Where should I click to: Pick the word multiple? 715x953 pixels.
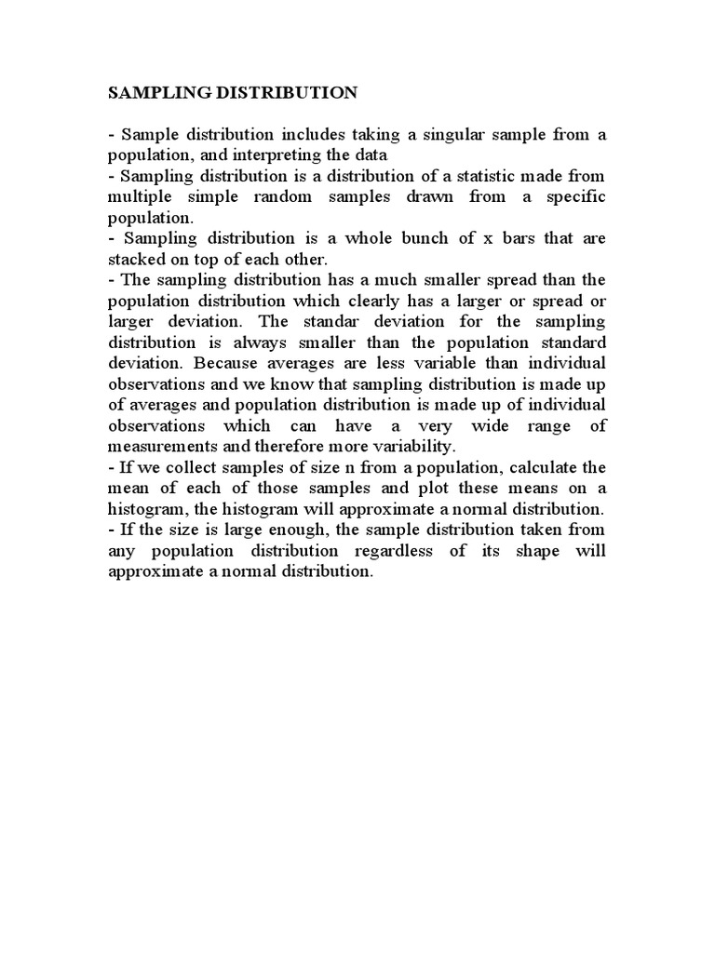pyautogui.click(x=138, y=196)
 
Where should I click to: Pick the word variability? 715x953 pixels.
pyautogui.click(x=416, y=445)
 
